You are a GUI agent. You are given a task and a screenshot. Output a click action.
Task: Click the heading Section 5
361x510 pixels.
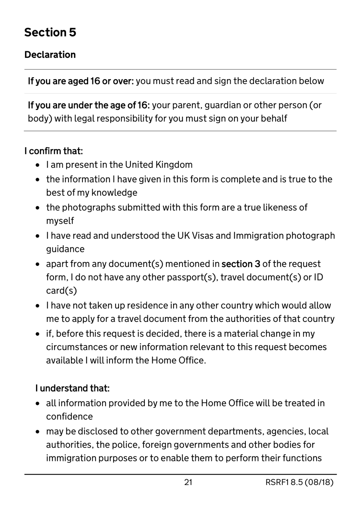[x=50, y=33]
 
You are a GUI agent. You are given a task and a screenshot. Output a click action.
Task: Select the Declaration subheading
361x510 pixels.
[x=50, y=55]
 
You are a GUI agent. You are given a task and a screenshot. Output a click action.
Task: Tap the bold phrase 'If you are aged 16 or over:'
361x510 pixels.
[x=81, y=81]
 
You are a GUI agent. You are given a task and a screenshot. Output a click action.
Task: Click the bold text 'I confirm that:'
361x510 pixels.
[x=54, y=151]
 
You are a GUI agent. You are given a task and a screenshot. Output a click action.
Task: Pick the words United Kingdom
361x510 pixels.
[x=158, y=165]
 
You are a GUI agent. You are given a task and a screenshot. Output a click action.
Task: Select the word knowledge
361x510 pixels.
[x=114, y=193]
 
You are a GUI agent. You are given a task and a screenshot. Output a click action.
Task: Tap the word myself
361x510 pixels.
[x=60, y=221]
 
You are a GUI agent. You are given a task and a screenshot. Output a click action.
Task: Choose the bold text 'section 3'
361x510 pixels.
[x=241, y=264]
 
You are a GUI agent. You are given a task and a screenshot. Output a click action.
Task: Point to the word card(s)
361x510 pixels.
[x=62, y=291]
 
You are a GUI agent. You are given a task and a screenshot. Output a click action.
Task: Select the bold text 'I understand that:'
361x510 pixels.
[x=72, y=388]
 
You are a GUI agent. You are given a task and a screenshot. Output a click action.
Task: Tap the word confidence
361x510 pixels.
[x=69, y=417]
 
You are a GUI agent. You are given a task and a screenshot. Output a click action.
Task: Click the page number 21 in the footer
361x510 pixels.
[x=188, y=482]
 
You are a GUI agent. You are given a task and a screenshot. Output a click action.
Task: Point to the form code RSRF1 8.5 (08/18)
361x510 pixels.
[x=299, y=482]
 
